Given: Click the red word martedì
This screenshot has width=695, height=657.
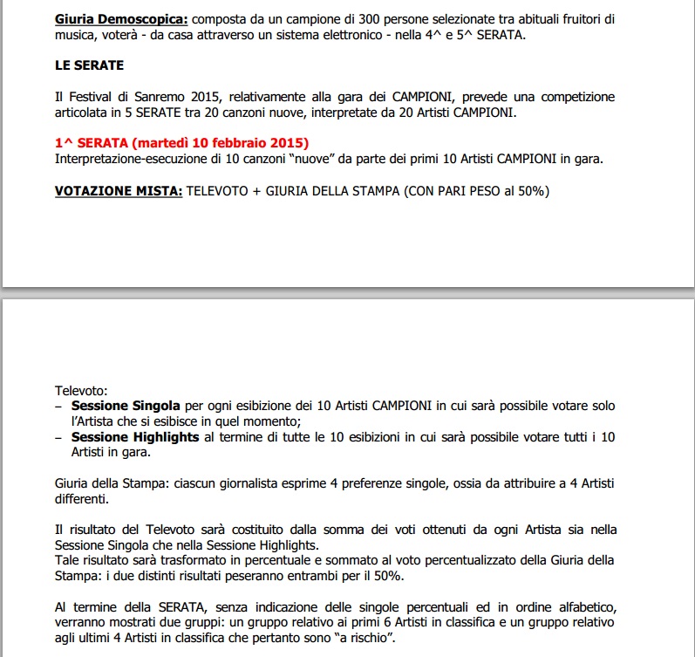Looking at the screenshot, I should [x=170, y=142].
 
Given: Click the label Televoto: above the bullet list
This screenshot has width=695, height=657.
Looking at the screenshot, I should [x=81, y=391].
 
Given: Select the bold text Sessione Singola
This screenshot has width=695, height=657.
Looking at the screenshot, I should [x=126, y=406].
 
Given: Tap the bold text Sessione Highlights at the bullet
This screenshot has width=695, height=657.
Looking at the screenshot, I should [x=135, y=436].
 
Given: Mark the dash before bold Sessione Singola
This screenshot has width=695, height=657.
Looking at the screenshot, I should [x=58, y=406].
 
